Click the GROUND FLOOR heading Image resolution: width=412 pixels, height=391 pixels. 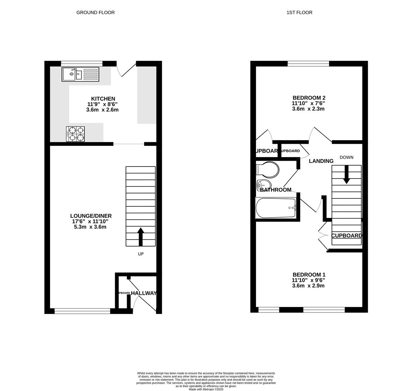click(95, 13)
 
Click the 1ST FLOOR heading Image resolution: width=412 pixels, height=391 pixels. click(299, 13)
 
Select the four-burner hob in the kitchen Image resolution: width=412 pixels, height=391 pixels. click(75, 134)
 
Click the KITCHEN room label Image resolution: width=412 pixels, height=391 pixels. click(103, 99)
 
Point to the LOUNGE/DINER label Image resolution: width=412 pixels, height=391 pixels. click(91, 216)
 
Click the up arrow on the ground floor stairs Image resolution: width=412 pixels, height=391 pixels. click(140, 236)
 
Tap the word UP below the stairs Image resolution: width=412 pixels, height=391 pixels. click(140, 254)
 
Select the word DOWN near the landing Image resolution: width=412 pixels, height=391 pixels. click(346, 157)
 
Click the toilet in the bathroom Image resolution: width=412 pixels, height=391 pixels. click(268, 169)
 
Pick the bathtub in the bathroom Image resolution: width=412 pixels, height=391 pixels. click(276, 208)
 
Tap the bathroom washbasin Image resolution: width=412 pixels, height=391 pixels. click(264, 184)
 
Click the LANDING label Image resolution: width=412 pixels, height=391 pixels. click(321, 161)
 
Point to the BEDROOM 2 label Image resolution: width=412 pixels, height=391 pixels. click(309, 98)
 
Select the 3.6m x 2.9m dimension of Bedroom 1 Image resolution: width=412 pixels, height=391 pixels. click(308, 286)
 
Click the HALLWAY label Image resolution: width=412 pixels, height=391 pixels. click(144, 293)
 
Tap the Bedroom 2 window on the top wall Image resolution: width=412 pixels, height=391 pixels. click(308, 64)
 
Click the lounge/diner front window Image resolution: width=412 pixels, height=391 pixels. click(82, 311)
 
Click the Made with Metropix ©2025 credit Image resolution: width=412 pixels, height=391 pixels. click(206, 389)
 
